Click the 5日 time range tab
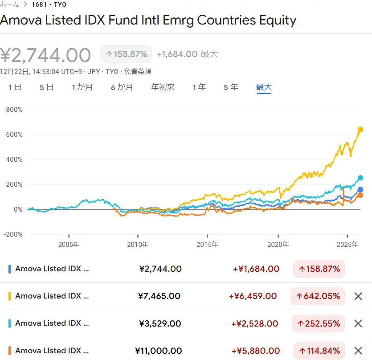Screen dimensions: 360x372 coord(47,87)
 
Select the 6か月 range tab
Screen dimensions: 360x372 coord(122,87)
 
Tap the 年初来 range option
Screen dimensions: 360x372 coord(163,87)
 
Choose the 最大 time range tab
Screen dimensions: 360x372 coord(264,87)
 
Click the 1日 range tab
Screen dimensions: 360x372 coord(15,87)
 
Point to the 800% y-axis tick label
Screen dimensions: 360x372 coord(14,110)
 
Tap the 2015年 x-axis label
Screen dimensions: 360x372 coord(207,245)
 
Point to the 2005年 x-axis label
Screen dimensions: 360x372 coord(69,245)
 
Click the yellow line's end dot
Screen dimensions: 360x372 coord(360,129)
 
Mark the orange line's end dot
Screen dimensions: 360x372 coord(360,195)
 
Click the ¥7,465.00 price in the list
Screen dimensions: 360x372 coord(160,296)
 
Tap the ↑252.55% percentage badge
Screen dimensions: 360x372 coord(319,324)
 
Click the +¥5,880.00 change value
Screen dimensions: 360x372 coord(256,351)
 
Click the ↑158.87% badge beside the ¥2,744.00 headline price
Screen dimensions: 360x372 coord(126,54)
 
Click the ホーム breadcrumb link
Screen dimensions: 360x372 coord(10,5)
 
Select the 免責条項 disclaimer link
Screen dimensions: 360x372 coord(138,71)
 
